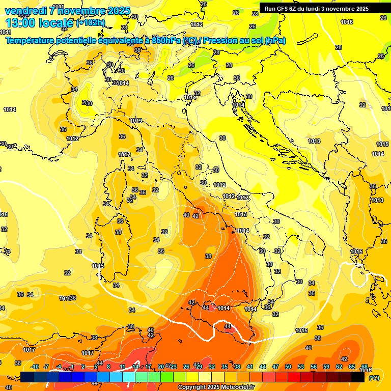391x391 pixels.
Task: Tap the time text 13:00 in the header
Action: click(x=20, y=22)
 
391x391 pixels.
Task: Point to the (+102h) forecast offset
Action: click(x=90, y=23)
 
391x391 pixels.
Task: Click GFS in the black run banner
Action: click(x=281, y=9)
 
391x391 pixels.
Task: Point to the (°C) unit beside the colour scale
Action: click(x=374, y=378)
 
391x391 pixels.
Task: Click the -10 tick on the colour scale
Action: click(x=35, y=367)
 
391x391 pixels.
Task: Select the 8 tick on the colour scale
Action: click(x=108, y=367)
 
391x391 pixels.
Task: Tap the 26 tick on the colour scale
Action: click(x=186, y=367)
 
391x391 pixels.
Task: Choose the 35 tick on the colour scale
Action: click(x=225, y=367)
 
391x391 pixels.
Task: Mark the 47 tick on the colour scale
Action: click(x=275, y=367)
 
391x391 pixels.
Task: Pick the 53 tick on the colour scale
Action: click(x=301, y=367)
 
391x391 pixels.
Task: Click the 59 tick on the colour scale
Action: click(x=326, y=367)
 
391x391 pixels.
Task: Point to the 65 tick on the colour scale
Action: click(x=352, y=367)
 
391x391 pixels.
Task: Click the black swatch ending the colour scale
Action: click(x=358, y=377)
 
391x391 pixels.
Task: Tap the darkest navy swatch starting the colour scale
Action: click(x=27, y=377)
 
